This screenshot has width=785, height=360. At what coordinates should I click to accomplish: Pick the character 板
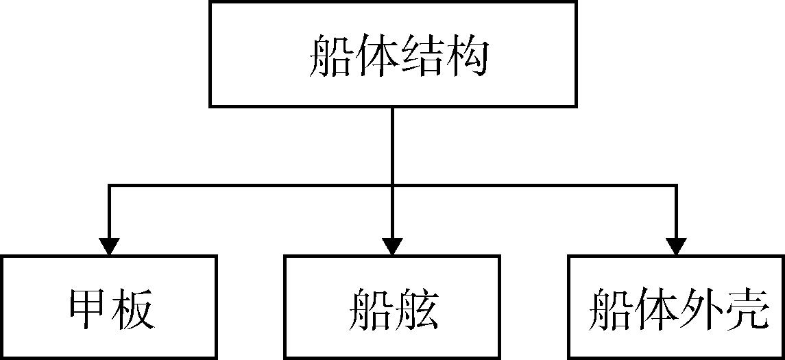click(x=132, y=311)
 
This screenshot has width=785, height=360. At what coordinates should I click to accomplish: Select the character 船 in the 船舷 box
click(x=371, y=311)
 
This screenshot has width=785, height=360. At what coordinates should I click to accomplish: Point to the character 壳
click(x=742, y=311)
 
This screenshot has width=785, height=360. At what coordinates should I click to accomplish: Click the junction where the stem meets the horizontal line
click(x=392, y=184)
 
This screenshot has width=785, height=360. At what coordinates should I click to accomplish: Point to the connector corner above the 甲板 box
click(x=109, y=184)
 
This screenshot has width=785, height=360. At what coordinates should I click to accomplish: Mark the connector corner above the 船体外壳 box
click(x=676, y=184)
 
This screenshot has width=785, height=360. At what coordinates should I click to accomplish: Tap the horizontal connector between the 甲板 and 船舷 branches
click(x=250, y=184)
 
